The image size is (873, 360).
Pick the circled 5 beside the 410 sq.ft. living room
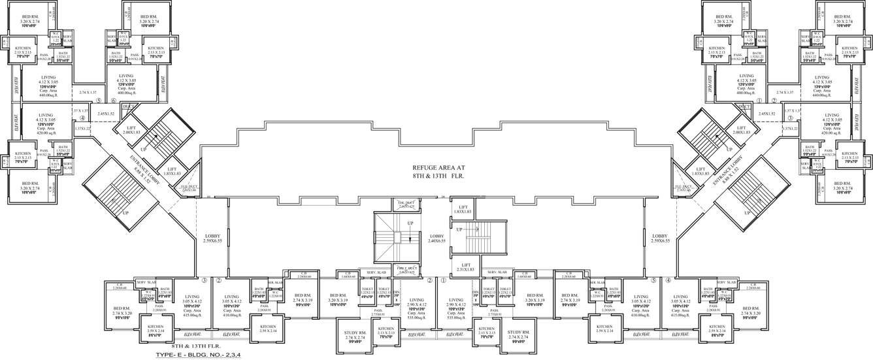pyautogui.click(x=653, y=280)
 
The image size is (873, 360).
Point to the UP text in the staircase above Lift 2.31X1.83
pyautogui.click(x=459, y=230)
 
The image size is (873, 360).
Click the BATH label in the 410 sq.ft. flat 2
pyautogui.click(x=259, y=289)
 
